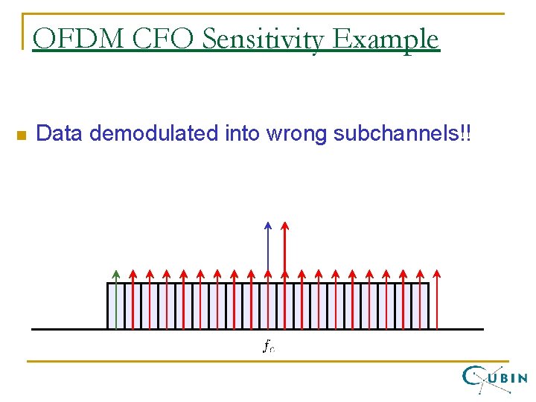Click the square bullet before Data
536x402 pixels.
[x=20, y=135]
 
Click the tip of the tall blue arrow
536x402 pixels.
[x=268, y=223]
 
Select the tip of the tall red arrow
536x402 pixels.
[x=284, y=223]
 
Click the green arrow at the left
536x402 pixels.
[x=115, y=298]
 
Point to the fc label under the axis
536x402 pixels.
[x=268, y=345]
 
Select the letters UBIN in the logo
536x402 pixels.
[x=510, y=377]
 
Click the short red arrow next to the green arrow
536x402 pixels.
[x=133, y=298]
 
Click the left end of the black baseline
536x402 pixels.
[x=33, y=329]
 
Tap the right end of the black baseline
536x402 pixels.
[x=482, y=329]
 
